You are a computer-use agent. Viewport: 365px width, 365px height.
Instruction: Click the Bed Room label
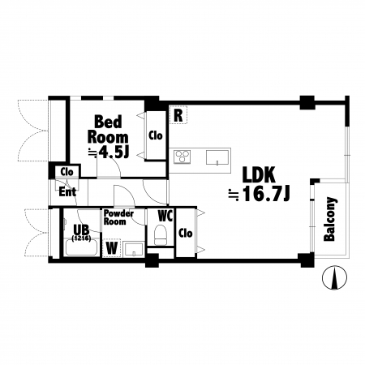[x=108, y=129]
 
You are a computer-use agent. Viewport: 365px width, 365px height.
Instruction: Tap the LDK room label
[x=259, y=175]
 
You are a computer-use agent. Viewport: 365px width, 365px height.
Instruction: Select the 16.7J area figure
[x=266, y=194]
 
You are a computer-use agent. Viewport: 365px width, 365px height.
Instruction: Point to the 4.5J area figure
[x=113, y=152]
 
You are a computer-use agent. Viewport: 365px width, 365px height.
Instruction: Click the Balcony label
[x=330, y=219]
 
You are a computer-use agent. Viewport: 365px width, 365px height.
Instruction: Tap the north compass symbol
[x=335, y=277]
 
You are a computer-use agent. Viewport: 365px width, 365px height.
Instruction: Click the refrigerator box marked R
[x=178, y=115]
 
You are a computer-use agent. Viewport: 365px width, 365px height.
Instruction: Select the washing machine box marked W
[x=111, y=248]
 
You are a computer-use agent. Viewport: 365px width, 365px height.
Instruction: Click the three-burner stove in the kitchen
[x=182, y=157]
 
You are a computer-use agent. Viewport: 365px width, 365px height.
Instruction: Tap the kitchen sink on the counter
[x=217, y=157]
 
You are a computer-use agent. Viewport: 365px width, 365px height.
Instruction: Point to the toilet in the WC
[x=161, y=235]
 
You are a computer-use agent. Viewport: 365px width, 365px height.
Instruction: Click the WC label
[x=165, y=216]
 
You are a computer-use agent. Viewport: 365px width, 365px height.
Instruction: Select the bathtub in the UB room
[x=81, y=247]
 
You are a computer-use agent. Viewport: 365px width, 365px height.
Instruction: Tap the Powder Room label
[x=118, y=217]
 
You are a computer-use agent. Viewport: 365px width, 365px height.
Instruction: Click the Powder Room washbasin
[x=133, y=249]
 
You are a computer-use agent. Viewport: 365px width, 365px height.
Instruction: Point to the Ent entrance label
[x=67, y=192]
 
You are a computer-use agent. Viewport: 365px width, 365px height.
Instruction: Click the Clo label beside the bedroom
[x=156, y=135]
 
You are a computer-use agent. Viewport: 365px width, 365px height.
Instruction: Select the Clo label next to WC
[x=186, y=233]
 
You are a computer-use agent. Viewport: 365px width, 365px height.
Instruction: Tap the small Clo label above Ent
[x=67, y=172]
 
